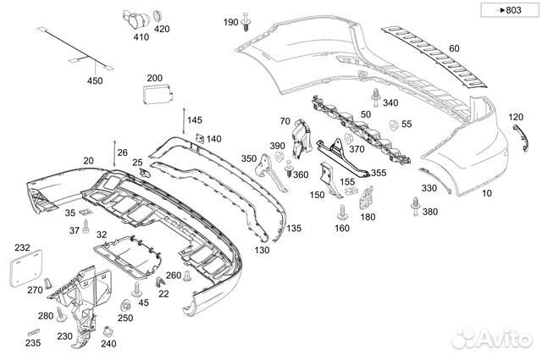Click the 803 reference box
pos(510,10)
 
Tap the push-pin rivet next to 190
pos(246,22)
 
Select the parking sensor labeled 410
pos(135,19)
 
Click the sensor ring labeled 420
pos(158,16)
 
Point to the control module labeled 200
pos(158,94)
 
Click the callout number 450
pos(95,80)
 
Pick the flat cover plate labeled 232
pos(25,269)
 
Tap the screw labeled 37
pos(86,226)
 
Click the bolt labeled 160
pos(342,212)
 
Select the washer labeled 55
pos(393,125)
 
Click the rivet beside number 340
pos(376,97)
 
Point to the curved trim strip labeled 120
pos(522,138)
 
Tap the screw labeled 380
pos(415,207)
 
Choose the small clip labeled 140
pos(200,138)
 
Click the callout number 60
pos(454,48)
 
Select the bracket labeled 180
pos(366,198)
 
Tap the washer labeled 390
pos(279,157)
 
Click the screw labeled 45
pos(137,290)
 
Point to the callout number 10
pos(487,193)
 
